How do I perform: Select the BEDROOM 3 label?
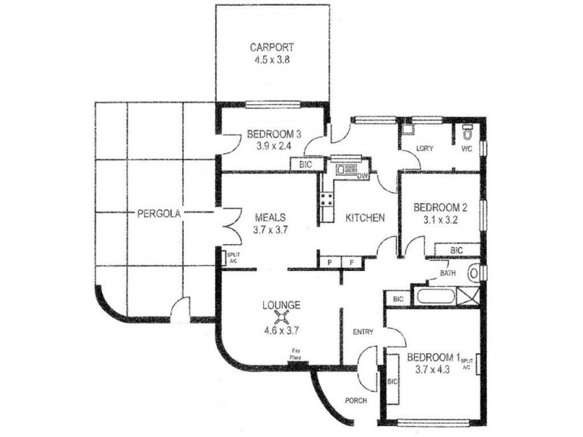click(x=274, y=133)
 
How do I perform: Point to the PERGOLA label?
click(x=158, y=213)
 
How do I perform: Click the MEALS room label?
click(x=270, y=217)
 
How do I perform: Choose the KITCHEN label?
click(x=364, y=218)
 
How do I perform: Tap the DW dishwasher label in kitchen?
click(x=362, y=175)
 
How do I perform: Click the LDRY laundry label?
click(x=424, y=149)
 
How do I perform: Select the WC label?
click(x=466, y=149)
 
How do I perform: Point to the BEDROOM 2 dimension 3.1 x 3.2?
click(x=439, y=219)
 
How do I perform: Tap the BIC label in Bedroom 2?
click(x=455, y=250)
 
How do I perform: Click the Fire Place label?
click(x=295, y=355)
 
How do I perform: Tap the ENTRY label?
click(x=363, y=332)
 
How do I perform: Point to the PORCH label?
click(x=356, y=401)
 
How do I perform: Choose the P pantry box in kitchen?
click(x=329, y=261)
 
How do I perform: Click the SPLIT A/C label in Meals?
click(x=232, y=257)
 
